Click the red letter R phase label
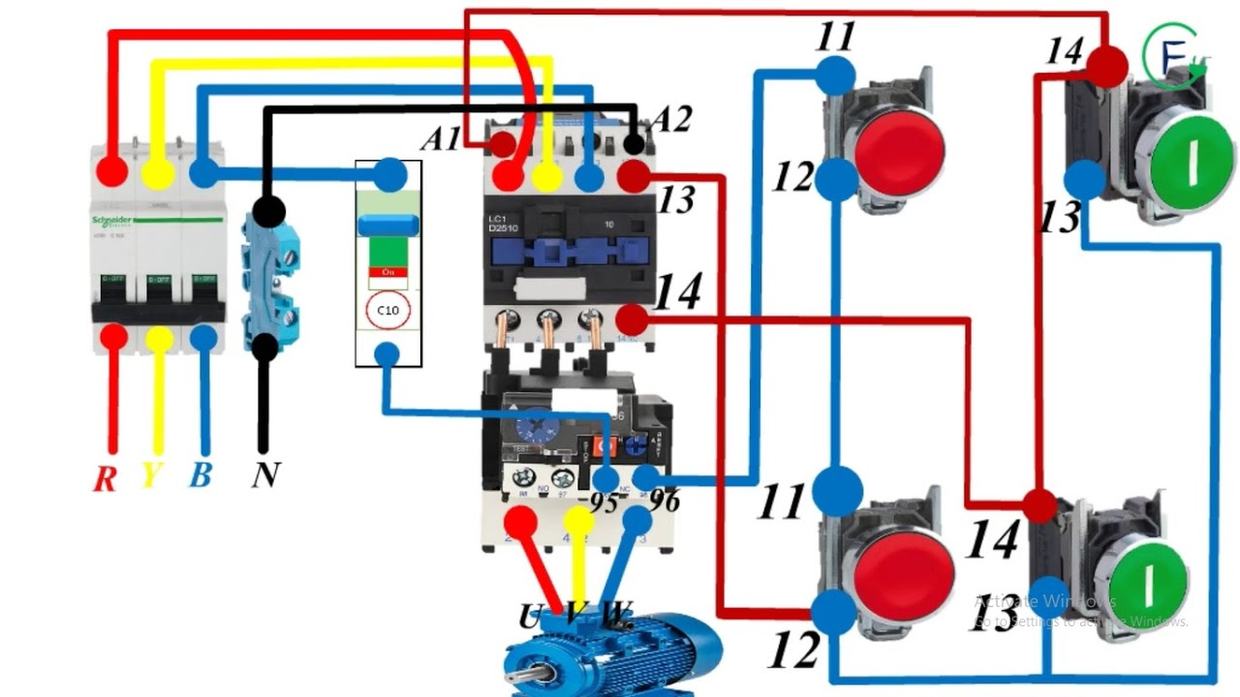[106, 476]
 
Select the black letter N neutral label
[265, 475]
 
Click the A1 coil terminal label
[441, 139]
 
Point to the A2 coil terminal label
[671, 120]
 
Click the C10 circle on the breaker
[388, 311]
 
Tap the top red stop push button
[898, 148]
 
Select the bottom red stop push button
[903, 573]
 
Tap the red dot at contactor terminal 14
[632, 319]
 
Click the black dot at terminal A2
[634, 145]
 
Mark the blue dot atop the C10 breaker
[390, 175]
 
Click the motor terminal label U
[530, 616]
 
